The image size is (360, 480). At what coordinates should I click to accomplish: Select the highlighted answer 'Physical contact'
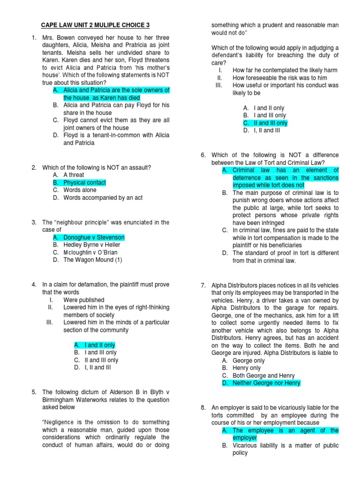pyautogui.click(x=84, y=182)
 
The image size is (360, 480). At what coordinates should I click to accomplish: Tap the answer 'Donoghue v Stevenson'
pyautogui.click(x=94, y=237)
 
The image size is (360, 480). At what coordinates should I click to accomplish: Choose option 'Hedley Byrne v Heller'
pyautogui.click(x=92, y=245)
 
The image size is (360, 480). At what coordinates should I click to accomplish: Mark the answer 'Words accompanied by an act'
pyautogui.click(x=103, y=197)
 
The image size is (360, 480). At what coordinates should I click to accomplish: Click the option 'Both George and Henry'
pyautogui.click(x=264, y=375)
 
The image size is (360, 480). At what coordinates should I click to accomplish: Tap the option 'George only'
pyautogui.click(x=248, y=360)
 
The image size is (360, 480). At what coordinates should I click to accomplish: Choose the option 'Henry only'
pyautogui.click(x=247, y=368)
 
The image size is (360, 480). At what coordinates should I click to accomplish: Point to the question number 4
pyautogui.click(x=34, y=285)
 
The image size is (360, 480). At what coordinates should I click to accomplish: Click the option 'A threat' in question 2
pyautogui.click(x=74, y=175)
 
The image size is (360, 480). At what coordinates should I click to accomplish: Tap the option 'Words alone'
pyautogui.click(x=80, y=190)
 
